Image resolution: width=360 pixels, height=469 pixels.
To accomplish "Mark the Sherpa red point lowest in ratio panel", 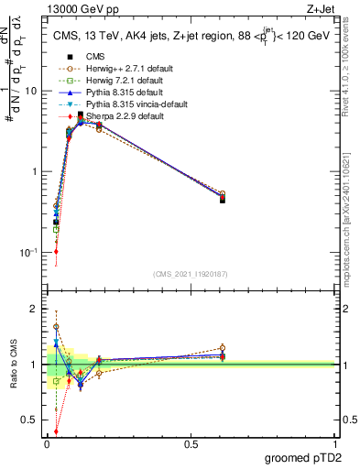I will (x=56, y=431).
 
